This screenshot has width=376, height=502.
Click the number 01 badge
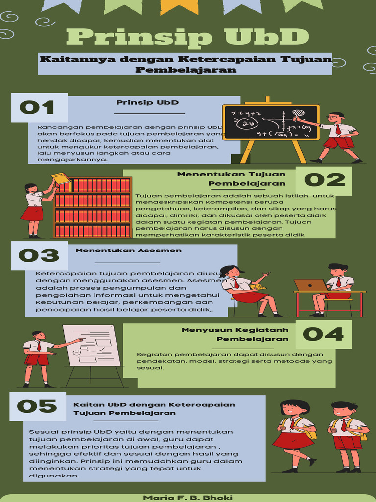[37, 107]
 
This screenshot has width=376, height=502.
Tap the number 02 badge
[324, 180]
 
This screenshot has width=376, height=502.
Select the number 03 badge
[39, 255]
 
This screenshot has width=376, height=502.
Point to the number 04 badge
[323, 334]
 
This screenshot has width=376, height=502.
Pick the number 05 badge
[37, 406]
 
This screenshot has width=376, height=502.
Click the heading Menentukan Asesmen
[129, 250]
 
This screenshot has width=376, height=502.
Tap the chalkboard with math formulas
[270, 123]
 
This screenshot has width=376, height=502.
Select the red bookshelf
[93, 207]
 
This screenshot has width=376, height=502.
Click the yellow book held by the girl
[61, 178]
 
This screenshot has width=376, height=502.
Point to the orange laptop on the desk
[310, 285]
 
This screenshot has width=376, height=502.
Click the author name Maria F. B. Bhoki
[188, 497]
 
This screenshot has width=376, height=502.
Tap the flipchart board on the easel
[92, 345]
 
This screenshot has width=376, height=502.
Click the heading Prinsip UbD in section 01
[147, 103]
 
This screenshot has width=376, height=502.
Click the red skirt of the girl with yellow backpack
[292, 440]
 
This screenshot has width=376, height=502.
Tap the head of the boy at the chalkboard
[335, 118]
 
